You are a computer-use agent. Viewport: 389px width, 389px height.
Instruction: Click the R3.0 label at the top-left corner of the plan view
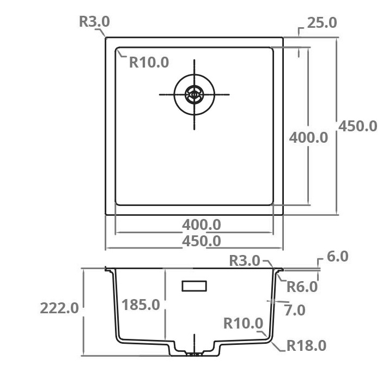pos(94,22)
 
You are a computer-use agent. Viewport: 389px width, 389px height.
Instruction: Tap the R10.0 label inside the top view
pos(149,62)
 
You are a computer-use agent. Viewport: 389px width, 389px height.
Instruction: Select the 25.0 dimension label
pos(322,23)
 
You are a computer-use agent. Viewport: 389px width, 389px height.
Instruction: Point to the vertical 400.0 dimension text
pos(308,137)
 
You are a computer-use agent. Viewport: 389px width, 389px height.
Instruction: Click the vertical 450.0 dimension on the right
pos(358,126)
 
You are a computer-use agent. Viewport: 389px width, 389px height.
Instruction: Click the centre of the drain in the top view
pos(194,94)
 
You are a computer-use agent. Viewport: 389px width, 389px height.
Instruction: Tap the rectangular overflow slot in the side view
pos(194,286)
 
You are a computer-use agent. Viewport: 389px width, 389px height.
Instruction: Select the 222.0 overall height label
pos(59,308)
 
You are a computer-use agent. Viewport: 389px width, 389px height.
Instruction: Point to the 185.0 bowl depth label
pos(141,305)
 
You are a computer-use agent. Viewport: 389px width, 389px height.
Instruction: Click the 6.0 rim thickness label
pos(338,257)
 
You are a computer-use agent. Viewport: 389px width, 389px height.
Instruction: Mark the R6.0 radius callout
pos(302,286)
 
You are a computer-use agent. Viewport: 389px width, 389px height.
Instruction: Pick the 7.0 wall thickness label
pos(295,310)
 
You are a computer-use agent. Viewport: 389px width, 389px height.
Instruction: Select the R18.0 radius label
pos(306,345)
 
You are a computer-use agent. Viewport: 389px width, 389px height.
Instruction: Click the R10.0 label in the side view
pos(243,324)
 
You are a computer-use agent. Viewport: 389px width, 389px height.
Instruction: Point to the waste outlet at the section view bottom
pos(194,354)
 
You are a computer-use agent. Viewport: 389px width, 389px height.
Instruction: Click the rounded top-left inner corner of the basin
pos(118,51)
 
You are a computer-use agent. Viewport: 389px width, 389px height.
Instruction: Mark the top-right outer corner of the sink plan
pos(283,38)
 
